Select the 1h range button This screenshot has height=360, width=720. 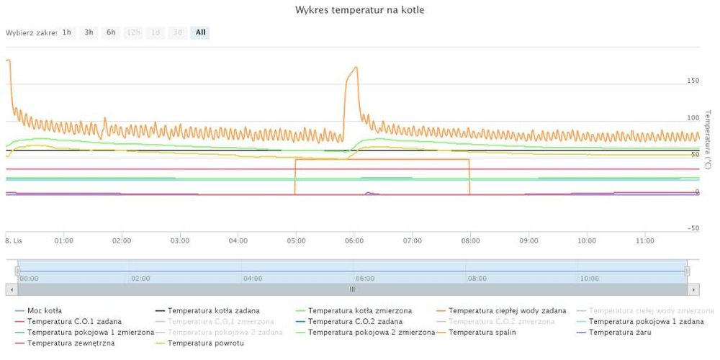click(x=66, y=32)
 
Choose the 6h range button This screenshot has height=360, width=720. click(x=111, y=32)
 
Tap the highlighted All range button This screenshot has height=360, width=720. click(x=200, y=32)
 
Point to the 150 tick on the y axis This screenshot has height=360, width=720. click(x=693, y=81)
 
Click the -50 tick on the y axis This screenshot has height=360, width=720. click(x=693, y=228)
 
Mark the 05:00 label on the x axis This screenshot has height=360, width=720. click(x=296, y=240)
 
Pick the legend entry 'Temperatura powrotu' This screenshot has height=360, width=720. click(x=206, y=343)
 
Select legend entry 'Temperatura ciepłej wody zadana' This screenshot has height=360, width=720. click(x=507, y=310)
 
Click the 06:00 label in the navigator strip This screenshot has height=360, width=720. click(x=366, y=278)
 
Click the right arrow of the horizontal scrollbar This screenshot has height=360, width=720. click(x=693, y=289)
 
